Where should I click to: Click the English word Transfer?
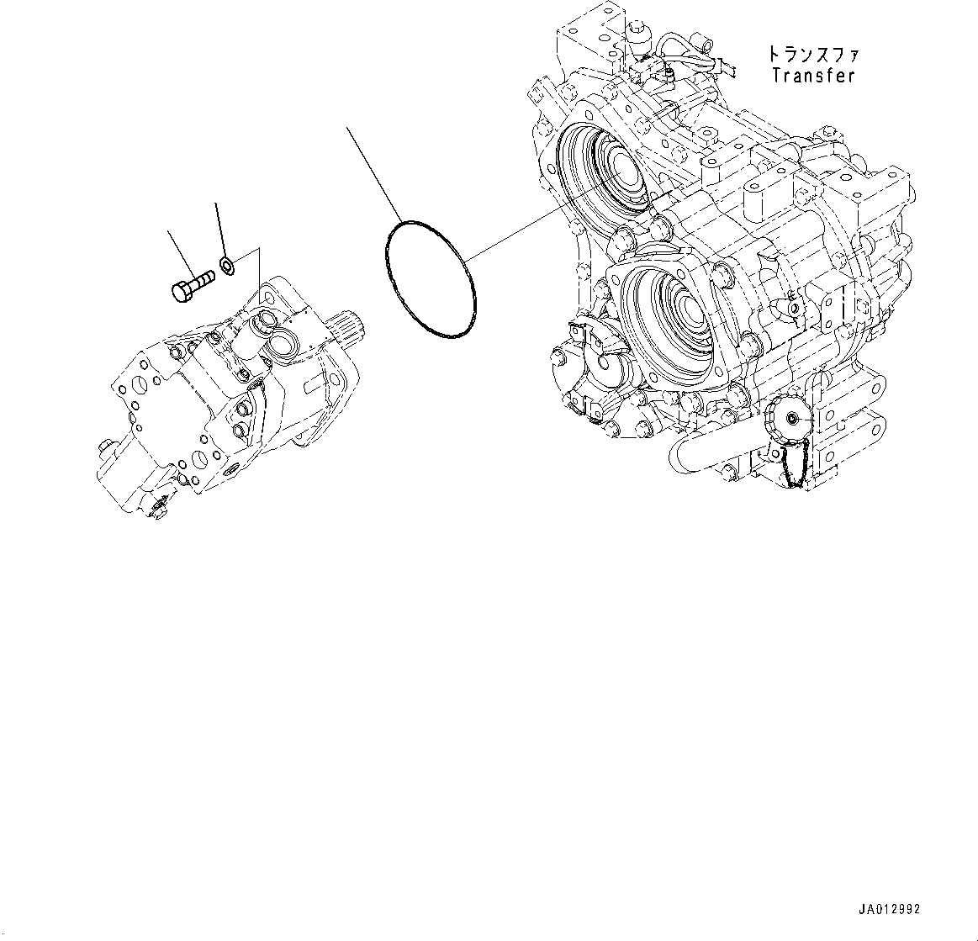coord(813,76)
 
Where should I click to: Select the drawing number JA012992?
coord(890,910)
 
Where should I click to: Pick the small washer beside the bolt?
coord(226,267)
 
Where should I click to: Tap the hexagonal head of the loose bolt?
coord(180,292)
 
